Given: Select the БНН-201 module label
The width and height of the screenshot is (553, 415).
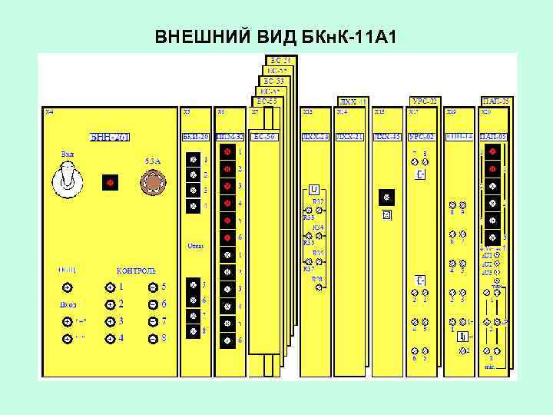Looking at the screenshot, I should (111, 138).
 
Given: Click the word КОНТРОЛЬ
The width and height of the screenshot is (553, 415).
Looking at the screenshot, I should (136, 271).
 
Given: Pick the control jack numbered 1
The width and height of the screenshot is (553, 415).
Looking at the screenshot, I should (111, 287).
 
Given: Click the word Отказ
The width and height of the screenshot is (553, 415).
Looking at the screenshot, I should (195, 247).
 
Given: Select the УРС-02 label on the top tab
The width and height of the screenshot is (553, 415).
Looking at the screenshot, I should (424, 101).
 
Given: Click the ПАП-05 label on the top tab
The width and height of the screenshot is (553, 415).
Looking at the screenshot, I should (495, 101).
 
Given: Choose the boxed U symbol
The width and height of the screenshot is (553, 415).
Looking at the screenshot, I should (314, 188).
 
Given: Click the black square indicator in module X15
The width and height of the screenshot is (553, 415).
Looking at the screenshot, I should (386, 197).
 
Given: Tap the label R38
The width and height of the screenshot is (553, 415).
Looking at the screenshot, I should (317, 279).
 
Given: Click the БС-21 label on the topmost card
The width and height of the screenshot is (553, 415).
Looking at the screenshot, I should (279, 59).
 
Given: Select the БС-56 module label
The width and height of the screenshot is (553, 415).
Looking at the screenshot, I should (265, 137).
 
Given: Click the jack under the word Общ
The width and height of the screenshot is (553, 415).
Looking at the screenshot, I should (67, 287).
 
